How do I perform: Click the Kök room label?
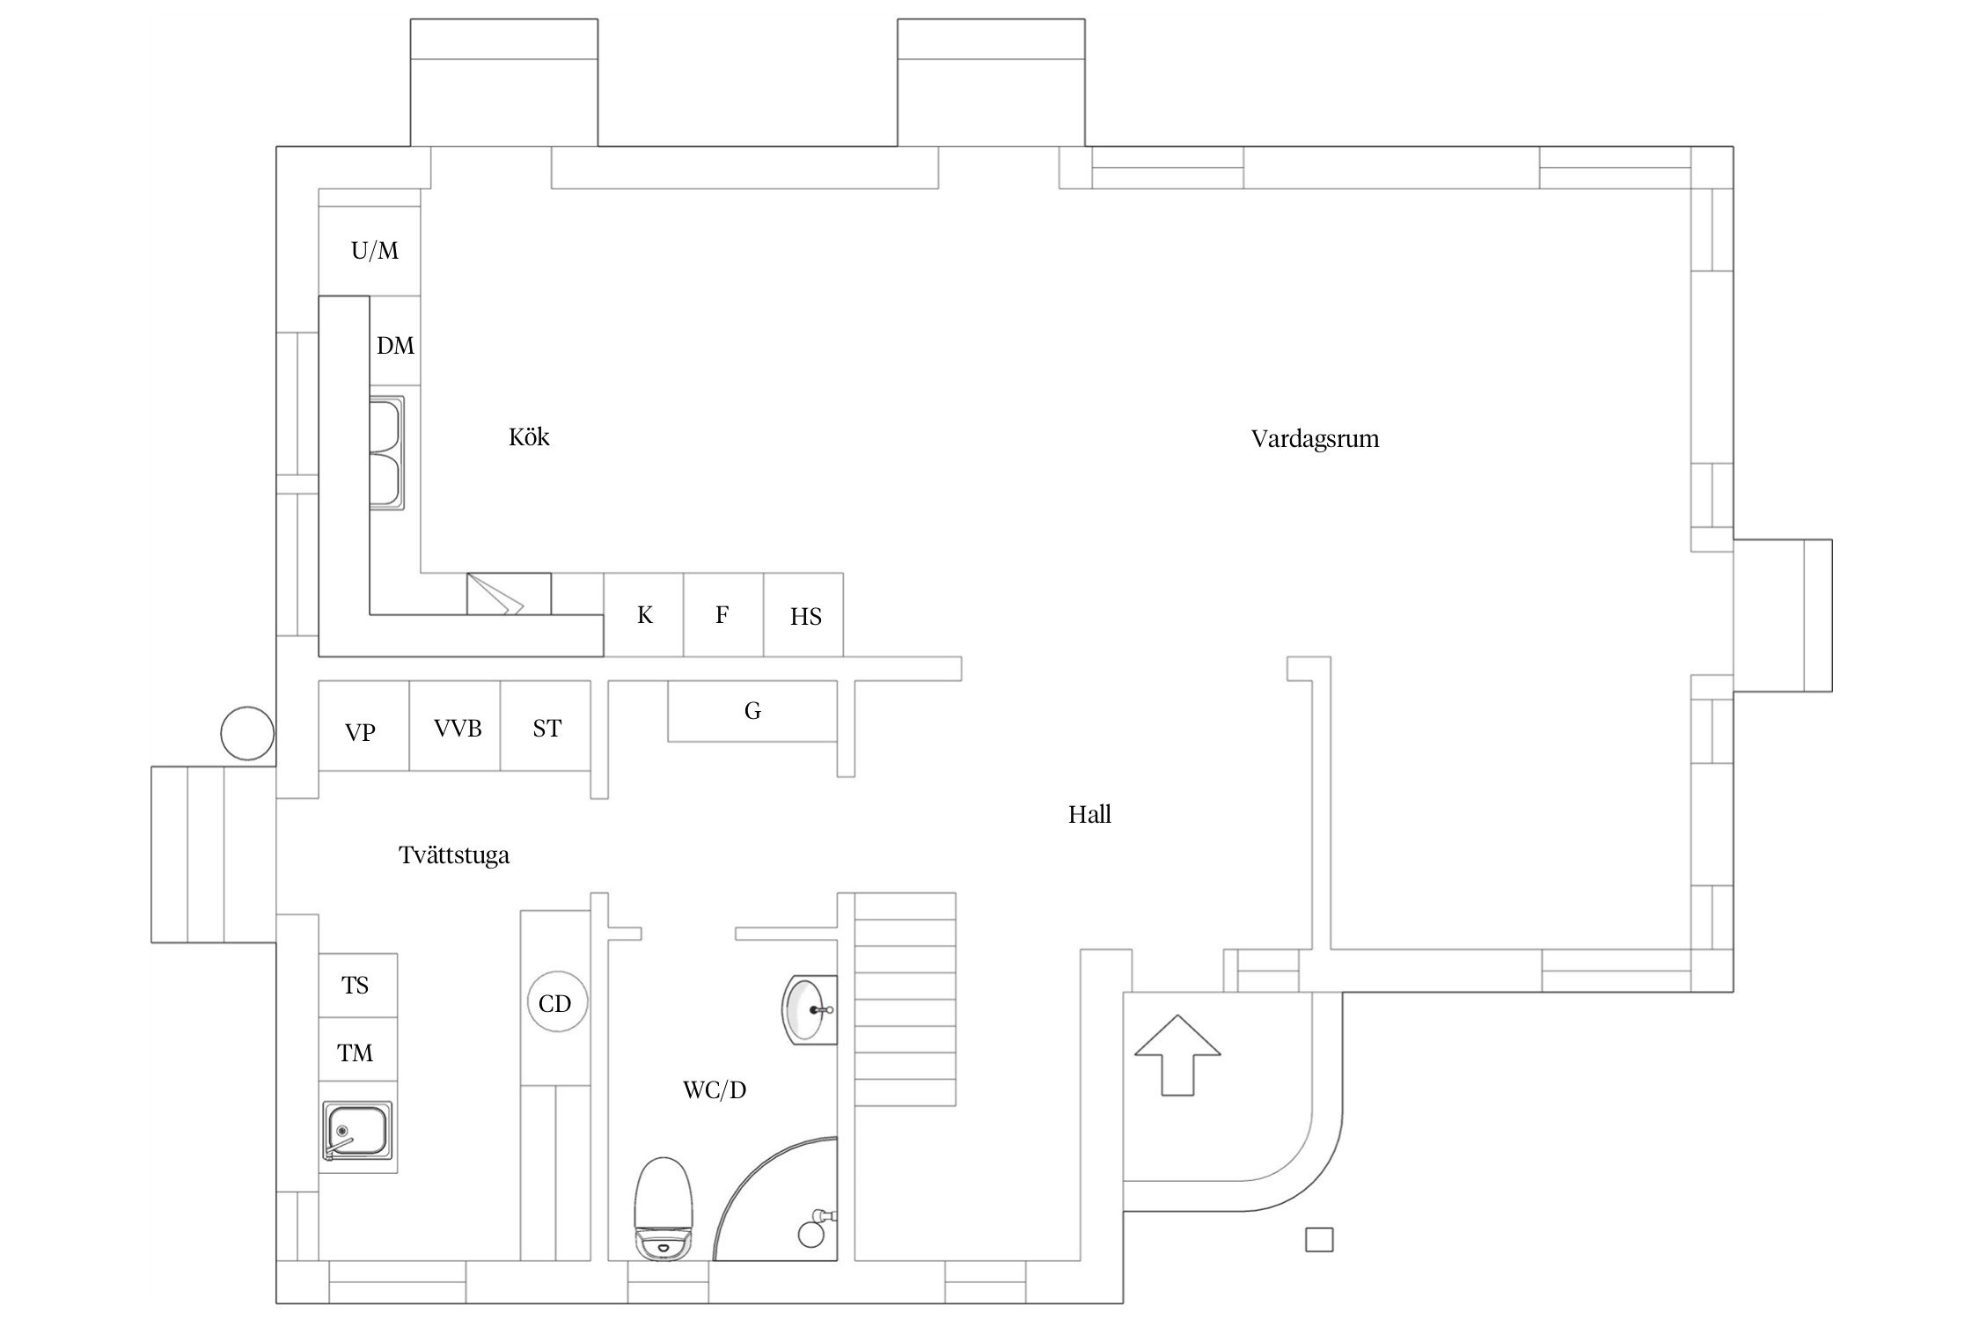pos(529,437)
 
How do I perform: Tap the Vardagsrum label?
pos(1315,439)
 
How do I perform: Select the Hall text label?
pos(1089,815)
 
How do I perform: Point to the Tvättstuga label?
pos(454,855)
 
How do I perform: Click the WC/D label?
pos(715,1090)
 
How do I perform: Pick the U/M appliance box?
pos(370,251)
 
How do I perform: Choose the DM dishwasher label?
pos(395,346)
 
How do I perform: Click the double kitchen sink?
pos(387,454)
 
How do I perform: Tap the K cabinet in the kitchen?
pos(643,614)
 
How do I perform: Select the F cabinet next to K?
pos(723,614)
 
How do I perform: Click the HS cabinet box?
pos(803,614)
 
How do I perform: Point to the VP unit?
pos(363,726)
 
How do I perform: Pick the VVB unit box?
pos(455,726)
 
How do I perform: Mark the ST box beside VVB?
pos(546,726)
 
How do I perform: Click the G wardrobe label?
pos(752,711)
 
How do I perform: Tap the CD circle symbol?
pos(555,1003)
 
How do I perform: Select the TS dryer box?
pos(357,986)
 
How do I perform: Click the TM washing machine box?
pos(357,1050)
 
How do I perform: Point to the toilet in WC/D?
pos(665,1211)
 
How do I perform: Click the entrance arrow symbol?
pos(1177,1055)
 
